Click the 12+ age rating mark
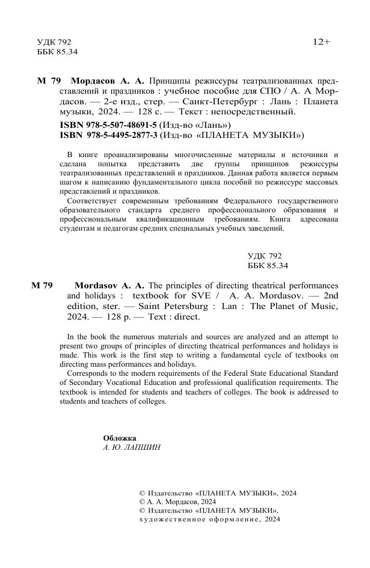coord(321,42)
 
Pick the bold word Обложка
coord(119,438)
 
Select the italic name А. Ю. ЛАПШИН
coord(131,447)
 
